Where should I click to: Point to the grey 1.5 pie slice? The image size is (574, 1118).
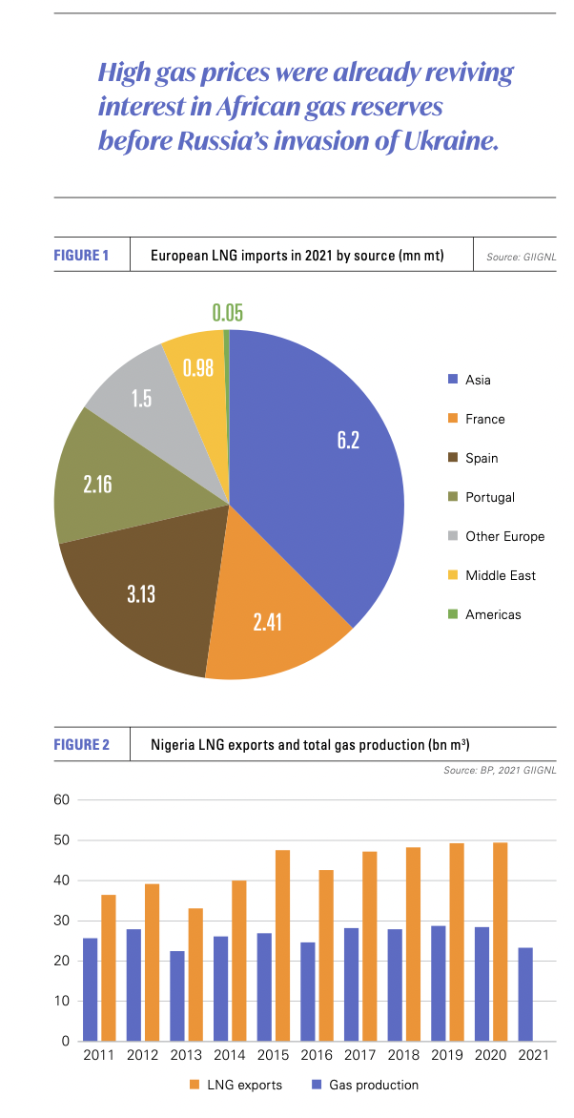point(143,399)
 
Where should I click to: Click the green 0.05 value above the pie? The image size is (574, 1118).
point(227,313)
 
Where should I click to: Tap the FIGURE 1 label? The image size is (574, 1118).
point(81,255)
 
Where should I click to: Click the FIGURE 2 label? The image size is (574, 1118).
point(81,744)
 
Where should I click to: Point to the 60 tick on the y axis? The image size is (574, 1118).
point(62,799)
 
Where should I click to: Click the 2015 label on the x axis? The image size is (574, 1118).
point(273,1057)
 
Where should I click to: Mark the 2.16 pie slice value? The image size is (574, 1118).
point(97,485)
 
